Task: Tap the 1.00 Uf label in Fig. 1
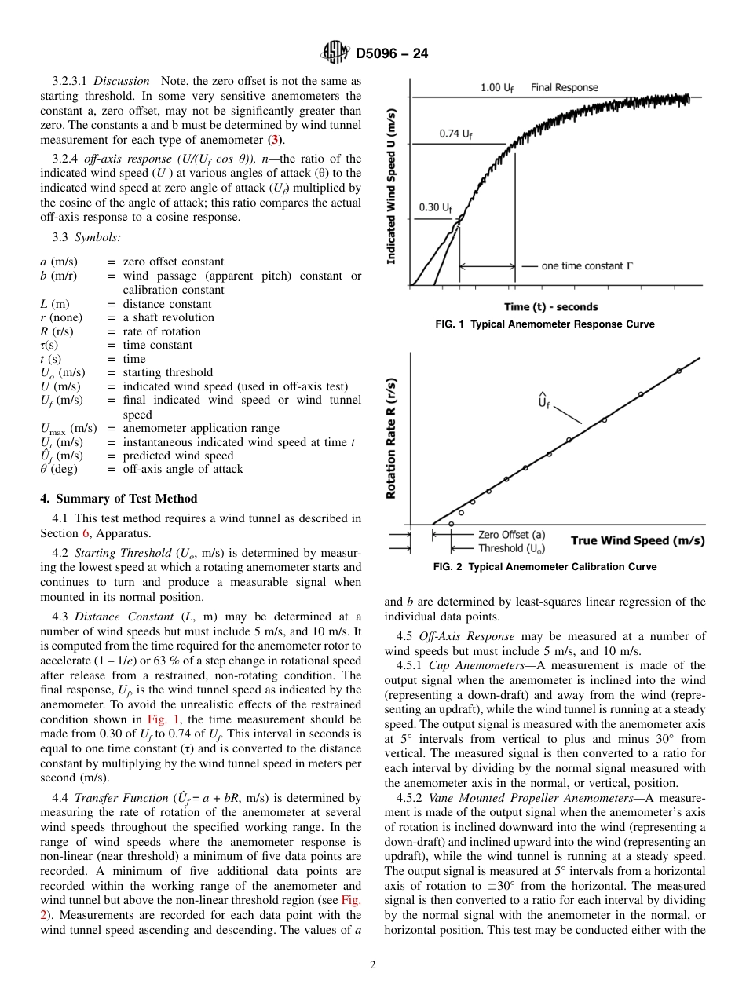pyautogui.click(x=497, y=88)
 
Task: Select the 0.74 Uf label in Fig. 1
pyautogui.click(x=455, y=134)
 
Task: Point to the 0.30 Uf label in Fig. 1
pyautogui.click(x=435, y=207)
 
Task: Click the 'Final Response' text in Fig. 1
pyautogui.click(x=564, y=88)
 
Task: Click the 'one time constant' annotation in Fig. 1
pyautogui.click(x=586, y=266)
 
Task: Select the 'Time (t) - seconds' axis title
pyautogui.click(x=550, y=307)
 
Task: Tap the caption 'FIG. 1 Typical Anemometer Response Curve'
pyautogui.click(x=544, y=324)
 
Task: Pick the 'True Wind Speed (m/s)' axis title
pyautogui.click(x=637, y=540)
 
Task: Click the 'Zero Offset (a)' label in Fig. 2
pyautogui.click(x=511, y=535)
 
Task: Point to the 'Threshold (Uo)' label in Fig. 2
pyautogui.click(x=511, y=548)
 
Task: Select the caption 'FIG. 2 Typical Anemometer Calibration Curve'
pyautogui.click(x=544, y=567)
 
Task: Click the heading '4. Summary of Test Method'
pyautogui.click(x=119, y=499)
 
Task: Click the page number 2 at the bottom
pyautogui.click(x=373, y=965)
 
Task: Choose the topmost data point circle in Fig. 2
pyautogui.click(x=679, y=371)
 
